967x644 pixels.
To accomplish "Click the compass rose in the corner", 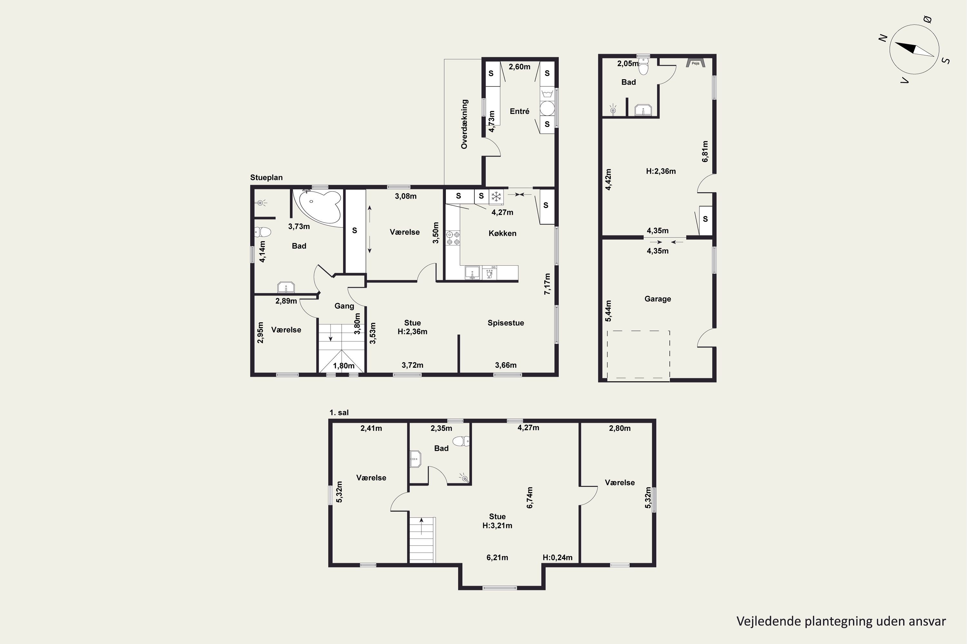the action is pyautogui.click(x=914, y=49).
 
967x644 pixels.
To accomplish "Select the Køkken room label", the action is pyautogui.click(x=503, y=233).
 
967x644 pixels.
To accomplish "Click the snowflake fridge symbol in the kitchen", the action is pyautogui.click(x=496, y=196).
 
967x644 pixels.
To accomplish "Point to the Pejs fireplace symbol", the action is pyautogui.click(x=695, y=63).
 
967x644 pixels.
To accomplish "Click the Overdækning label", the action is pyautogui.click(x=464, y=124).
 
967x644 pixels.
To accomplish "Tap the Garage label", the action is pyautogui.click(x=658, y=299).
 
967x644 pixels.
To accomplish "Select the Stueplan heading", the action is pyautogui.click(x=267, y=178).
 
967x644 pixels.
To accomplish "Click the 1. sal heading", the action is pyautogui.click(x=339, y=413).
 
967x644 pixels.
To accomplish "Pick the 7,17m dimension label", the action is pyautogui.click(x=547, y=284).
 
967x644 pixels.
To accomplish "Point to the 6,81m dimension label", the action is pyautogui.click(x=705, y=152).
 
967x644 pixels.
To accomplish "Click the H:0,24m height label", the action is pyautogui.click(x=558, y=558).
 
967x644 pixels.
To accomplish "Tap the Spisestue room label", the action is pyautogui.click(x=506, y=323).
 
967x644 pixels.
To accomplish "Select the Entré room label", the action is pyautogui.click(x=520, y=111).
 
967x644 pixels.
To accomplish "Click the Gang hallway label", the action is pyautogui.click(x=344, y=306).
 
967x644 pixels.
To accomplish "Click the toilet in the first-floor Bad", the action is pyautogui.click(x=461, y=441).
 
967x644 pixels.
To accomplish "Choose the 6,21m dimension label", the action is pyautogui.click(x=497, y=558).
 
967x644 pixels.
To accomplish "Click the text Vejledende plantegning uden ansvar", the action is pyautogui.click(x=841, y=621).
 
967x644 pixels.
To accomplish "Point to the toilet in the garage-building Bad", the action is pyautogui.click(x=643, y=65).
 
